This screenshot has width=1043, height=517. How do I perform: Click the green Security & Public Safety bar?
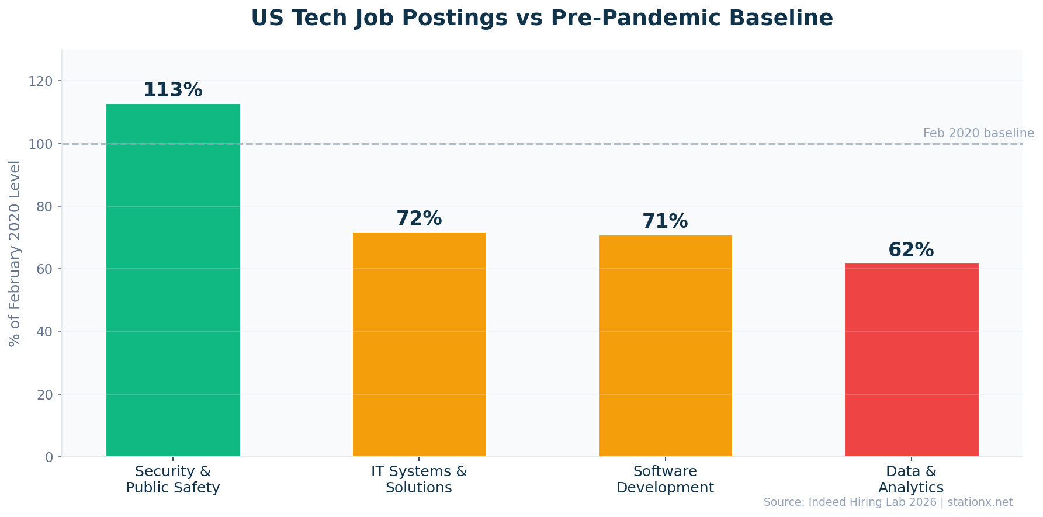173,280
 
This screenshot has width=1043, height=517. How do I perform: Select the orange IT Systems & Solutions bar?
419,345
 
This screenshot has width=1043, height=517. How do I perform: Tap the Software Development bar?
665,346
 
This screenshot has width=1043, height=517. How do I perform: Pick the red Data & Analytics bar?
911,360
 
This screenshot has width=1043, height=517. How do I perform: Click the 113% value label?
173,90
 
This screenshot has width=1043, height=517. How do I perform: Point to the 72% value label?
419,218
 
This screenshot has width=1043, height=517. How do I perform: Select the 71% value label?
665,221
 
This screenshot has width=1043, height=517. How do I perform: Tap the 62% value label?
911,250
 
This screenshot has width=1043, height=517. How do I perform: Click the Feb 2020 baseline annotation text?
978,133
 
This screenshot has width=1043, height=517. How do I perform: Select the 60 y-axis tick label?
44,269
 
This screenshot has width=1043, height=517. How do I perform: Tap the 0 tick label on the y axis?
49,457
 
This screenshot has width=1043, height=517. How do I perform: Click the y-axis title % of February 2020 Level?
15,253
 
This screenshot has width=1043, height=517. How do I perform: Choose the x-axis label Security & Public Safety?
173,480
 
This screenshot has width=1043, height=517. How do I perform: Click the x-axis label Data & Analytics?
911,480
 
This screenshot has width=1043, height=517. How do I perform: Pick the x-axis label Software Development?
665,480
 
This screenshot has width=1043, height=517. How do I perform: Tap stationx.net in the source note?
980,502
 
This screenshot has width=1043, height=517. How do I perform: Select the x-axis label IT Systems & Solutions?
419,480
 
